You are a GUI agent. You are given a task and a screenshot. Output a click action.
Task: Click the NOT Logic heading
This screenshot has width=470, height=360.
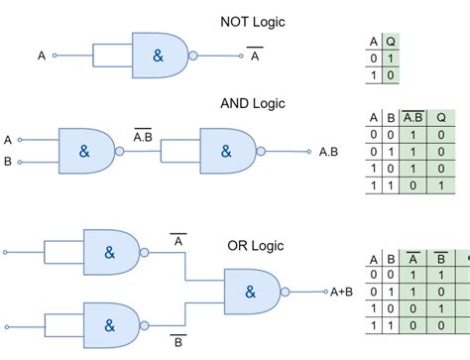click(x=253, y=22)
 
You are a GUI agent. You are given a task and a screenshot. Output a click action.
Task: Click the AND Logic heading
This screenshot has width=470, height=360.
click(x=253, y=103)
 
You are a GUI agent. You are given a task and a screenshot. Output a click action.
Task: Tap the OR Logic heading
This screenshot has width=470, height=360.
click(x=256, y=245)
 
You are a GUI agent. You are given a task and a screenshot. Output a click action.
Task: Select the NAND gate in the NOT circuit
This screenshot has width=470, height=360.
click(x=159, y=57)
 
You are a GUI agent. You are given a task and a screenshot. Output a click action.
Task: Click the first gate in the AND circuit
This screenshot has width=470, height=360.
click(x=86, y=152)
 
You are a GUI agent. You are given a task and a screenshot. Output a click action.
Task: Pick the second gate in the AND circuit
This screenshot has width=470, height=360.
click(x=227, y=152)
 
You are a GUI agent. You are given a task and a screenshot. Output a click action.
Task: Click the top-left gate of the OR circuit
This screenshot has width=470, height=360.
click(x=110, y=252)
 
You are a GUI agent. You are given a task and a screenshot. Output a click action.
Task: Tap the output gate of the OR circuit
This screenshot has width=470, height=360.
click(x=251, y=292)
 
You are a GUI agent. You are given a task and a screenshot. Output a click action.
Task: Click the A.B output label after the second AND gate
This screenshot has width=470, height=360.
click(x=329, y=152)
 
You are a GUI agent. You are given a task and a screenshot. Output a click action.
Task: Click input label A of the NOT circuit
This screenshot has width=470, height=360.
click(x=42, y=57)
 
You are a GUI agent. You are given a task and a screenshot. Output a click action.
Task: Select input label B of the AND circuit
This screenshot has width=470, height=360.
click(x=8, y=162)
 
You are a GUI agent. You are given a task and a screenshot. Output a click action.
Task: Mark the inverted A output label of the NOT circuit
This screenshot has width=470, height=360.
click(x=254, y=56)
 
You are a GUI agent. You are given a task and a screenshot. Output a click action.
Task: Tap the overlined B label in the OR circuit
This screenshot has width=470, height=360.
click(x=178, y=342)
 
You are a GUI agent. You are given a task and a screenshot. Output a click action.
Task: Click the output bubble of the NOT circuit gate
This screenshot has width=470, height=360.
click(x=192, y=57)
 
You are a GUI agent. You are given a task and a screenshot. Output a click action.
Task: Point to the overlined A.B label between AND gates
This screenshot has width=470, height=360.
click(x=142, y=135)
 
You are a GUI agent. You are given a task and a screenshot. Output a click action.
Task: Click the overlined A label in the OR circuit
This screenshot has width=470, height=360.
click(x=178, y=240)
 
